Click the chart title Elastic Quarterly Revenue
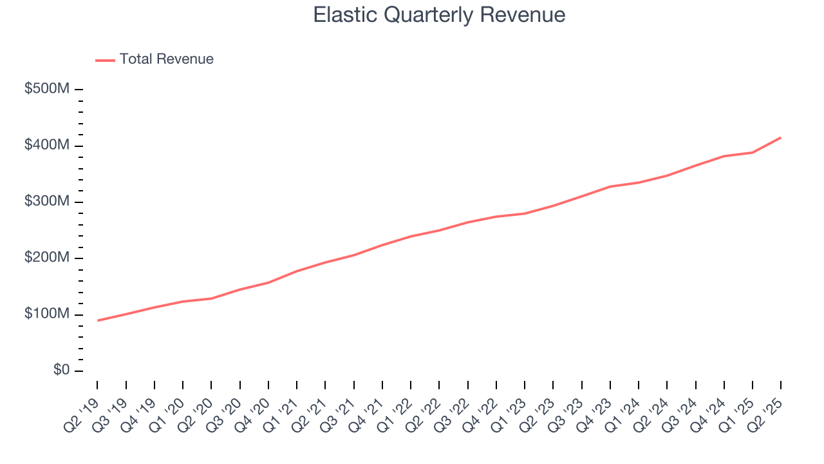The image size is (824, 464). click(439, 15)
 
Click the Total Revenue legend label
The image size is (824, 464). click(166, 59)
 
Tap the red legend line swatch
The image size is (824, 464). click(105, 60)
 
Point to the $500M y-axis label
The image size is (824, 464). click(46, 89)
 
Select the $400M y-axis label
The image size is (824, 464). click(46, 146)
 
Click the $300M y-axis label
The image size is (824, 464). click(46, 202)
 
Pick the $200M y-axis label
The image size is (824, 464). click(46, 258)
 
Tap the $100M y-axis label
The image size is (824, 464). click(46, 314)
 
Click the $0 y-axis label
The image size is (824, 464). click(61, 371)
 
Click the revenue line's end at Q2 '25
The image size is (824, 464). click(781, 137)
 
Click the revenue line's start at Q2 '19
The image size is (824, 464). click(97, 320)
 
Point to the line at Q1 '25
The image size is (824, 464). click(753, 152)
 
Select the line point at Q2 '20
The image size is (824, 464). click(211, 298)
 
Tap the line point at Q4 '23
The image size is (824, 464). click(610, 186)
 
